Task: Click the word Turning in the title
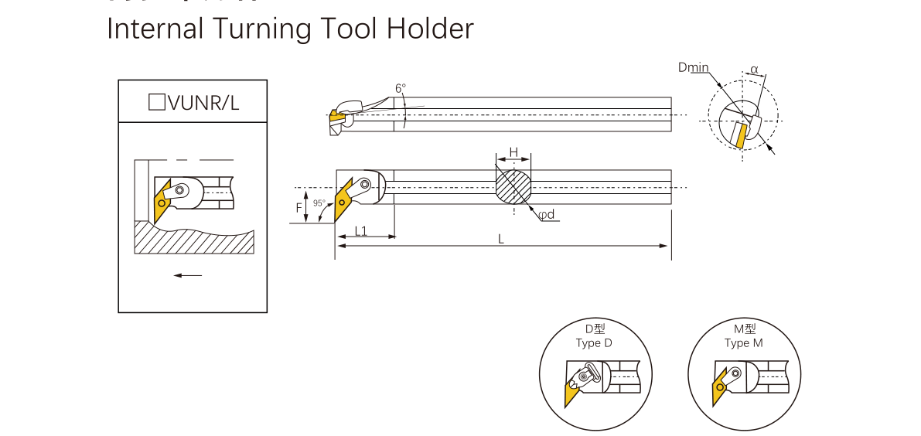point(256,29)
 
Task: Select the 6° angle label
point(401,89)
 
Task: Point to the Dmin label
point(693,67)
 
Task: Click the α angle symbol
point(754,70)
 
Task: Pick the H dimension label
point(513,151)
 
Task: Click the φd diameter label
point(547,215)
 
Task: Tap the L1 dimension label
point(361,230)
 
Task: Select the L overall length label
point(501,240)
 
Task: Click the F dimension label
point(298,207)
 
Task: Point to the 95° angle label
point(319,203)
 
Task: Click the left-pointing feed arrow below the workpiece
point(187,275)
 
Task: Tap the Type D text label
point(594,343)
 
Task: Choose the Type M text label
point(743,343)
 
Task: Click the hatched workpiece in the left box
point(193,240)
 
